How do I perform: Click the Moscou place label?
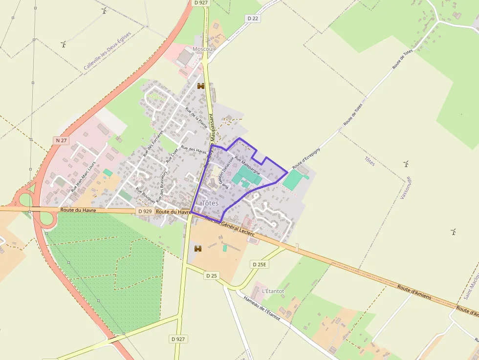[203, 49]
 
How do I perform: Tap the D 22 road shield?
[253, 19]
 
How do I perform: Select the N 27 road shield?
[61, 140]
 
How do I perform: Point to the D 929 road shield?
[145, 211]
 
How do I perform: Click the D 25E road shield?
[260, 264]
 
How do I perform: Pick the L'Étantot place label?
[273, 291]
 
